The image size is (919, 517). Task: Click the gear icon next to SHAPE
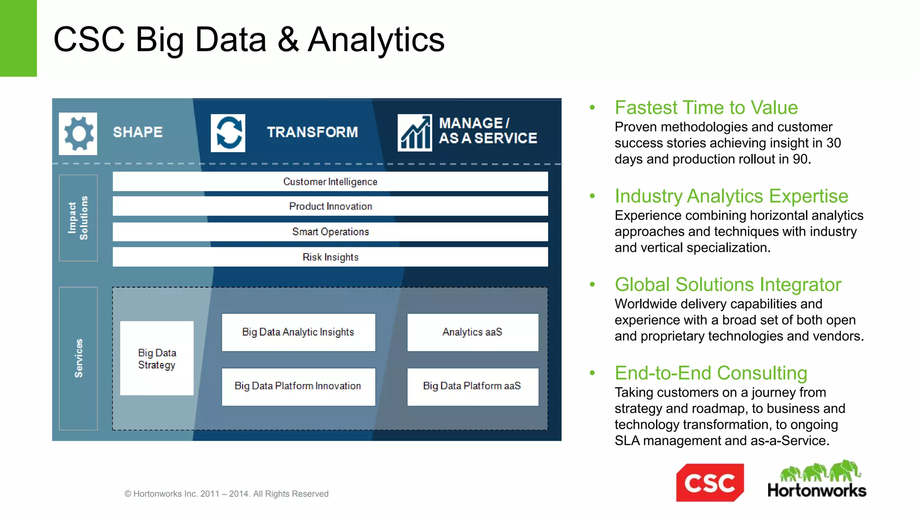click(78, 134)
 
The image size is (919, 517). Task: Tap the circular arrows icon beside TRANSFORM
click(228, 133)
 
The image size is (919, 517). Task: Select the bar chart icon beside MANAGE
click(415, 133)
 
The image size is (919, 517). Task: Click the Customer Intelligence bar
click(330, 181)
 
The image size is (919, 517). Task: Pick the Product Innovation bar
click(330, 206)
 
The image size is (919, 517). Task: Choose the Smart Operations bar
click(330, 232)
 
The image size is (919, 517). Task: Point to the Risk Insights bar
click(330, 257)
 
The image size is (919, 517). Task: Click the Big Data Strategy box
click(157, 358)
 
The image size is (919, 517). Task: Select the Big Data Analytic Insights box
click(298, 332)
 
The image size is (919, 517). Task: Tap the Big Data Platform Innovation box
click(298, 386)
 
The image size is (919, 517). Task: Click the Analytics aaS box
click(473, 332)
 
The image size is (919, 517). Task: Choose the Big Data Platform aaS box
click(473, 386)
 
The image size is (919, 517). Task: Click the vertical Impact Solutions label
click(78, 218)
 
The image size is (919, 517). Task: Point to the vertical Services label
click(78, 358)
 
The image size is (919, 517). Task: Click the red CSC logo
click(709, 483)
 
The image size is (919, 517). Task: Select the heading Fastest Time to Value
click(706, 108)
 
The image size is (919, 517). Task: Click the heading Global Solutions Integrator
click(727, 285)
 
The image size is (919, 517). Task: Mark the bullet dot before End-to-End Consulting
click(592, 372)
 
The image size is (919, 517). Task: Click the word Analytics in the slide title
click(376, 40)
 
